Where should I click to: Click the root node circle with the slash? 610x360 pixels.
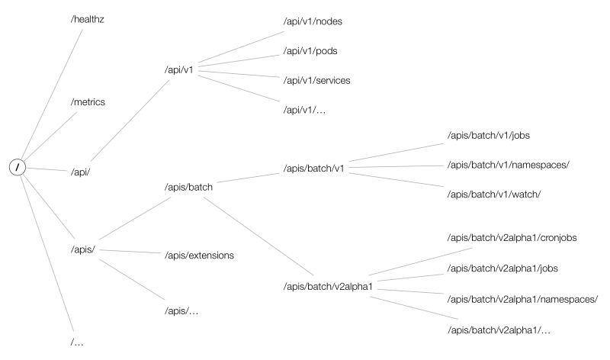tap(17, 167)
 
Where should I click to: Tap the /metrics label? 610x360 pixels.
tap(87, 102)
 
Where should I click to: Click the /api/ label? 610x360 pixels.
tap(80, 172)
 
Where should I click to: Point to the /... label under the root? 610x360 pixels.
tap(77, 341)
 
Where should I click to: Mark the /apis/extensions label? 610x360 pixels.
tap(199, 254)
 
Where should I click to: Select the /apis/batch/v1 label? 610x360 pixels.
tap(314, 168)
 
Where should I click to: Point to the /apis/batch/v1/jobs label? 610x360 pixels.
tap(489, 135)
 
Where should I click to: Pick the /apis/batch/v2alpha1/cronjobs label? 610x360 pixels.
tap(512, 238)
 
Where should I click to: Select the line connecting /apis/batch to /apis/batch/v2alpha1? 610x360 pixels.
tap(262, 236)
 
